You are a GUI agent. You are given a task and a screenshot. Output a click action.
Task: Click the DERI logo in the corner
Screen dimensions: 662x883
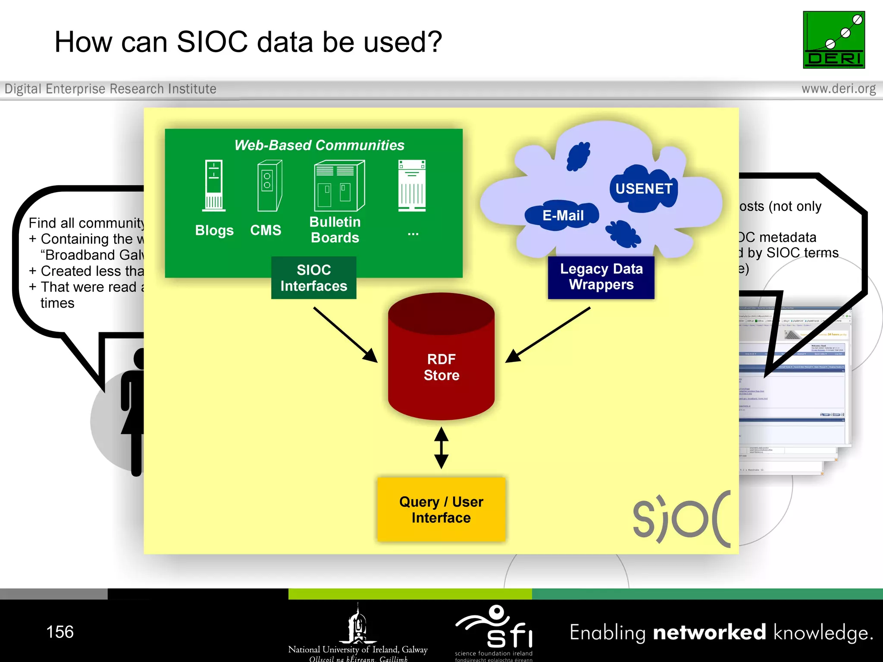point(833,40)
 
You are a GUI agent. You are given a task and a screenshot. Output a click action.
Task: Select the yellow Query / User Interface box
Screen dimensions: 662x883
point(441,509)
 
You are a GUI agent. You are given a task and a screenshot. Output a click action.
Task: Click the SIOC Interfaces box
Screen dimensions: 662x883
point(313,278)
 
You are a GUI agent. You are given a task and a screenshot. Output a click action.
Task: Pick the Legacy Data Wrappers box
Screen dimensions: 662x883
point(601,277)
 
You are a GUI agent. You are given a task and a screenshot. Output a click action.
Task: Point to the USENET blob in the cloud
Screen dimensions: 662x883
point(643,189)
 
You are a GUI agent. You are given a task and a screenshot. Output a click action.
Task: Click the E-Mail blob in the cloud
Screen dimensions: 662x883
point(562,215)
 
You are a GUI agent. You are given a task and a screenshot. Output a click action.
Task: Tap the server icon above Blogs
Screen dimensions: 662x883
point(214,185)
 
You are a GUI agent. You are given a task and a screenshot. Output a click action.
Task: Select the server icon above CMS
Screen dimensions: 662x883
point(269,186)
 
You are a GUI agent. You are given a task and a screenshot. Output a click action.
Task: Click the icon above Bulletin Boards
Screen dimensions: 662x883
point(339,186)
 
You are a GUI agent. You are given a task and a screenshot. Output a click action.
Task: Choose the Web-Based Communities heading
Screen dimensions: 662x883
point(319,145)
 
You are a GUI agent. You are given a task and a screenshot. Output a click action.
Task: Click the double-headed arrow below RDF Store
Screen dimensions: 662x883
point(441,448)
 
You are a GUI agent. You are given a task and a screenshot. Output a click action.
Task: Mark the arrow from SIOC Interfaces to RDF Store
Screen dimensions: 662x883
point(345,334)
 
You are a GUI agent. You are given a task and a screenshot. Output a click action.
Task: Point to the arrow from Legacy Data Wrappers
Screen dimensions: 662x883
point(548,334)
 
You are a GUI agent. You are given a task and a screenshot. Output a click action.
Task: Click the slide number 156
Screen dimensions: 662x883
point(60,632)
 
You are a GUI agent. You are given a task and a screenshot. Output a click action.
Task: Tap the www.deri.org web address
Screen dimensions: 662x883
point(838,89)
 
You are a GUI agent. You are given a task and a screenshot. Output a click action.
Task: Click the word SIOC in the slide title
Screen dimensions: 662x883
point(212,42)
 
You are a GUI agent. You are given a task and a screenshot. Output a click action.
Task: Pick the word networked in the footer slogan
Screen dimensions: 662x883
point(709,633)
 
